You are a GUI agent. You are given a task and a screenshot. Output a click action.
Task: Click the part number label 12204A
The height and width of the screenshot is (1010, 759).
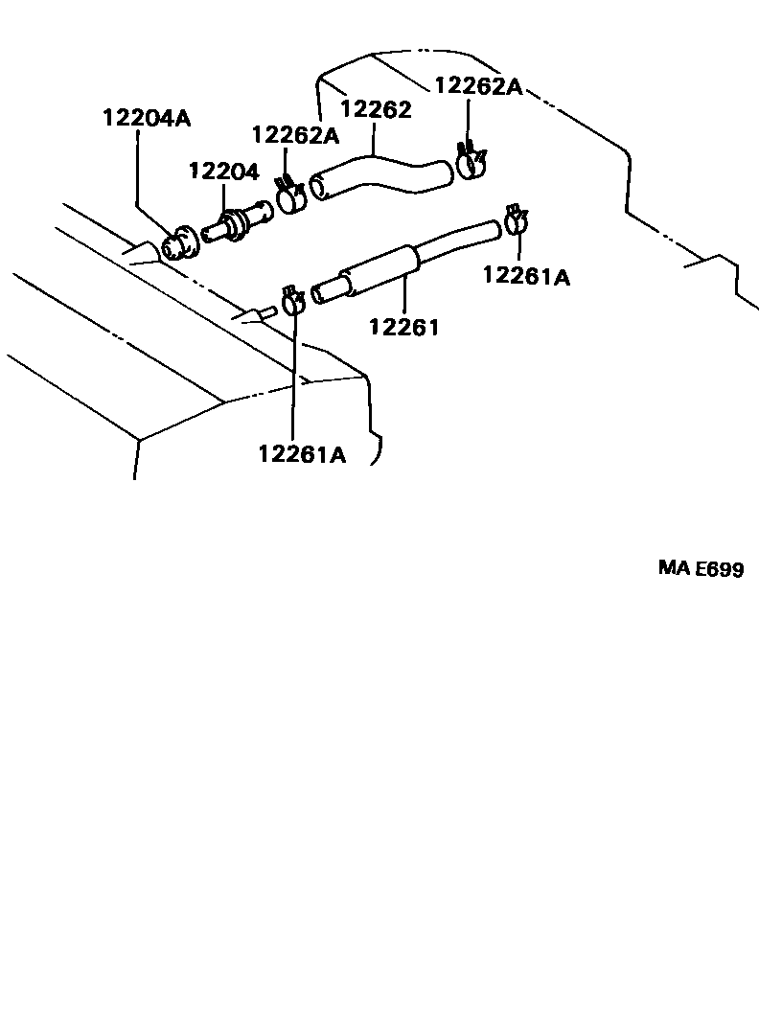pyautogui.click(x=148, y=119)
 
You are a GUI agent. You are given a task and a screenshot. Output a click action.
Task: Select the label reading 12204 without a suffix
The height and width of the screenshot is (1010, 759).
pyautogui.click(x=223, y=172)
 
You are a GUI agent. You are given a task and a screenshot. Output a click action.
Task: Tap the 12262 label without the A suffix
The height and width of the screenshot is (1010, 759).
pyautogui.click(x=376, y=109)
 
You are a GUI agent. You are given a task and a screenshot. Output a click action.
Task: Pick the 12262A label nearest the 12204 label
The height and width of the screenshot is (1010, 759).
pyautogui.click(x=296, y=135)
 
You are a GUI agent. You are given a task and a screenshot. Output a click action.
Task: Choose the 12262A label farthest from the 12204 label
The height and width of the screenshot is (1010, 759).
pyautogui.click(x=477, y=86)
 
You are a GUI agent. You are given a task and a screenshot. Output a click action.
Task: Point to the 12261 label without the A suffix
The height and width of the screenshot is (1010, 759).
pyautogui.click(x=403, y=328)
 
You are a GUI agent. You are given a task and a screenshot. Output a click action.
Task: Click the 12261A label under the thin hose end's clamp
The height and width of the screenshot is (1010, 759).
pyautogui.click(x=526, y=277)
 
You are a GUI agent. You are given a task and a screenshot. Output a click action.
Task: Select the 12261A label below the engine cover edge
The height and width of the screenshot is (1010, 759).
pyautogui.click(x=301, y=453)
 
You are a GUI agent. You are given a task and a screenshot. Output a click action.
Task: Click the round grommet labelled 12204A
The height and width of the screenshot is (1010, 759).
pyautogui.click(x=177, y=244)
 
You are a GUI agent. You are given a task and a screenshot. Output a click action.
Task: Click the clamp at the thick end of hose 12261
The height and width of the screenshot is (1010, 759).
pyautogui.click(x=293, y=301)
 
